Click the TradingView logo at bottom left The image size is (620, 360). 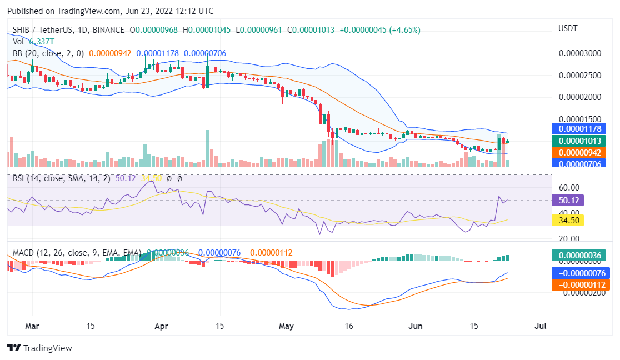coord(39,348)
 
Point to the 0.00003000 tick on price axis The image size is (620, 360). coord(579,54)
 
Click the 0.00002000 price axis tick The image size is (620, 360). coord(579,97)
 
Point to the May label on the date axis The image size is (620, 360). coord(287,326)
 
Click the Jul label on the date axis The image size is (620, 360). coord(540,326)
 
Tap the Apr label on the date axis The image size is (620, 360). coord(162,326)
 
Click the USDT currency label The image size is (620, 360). coord(568,28)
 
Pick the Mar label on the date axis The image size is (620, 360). coord(33,326)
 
